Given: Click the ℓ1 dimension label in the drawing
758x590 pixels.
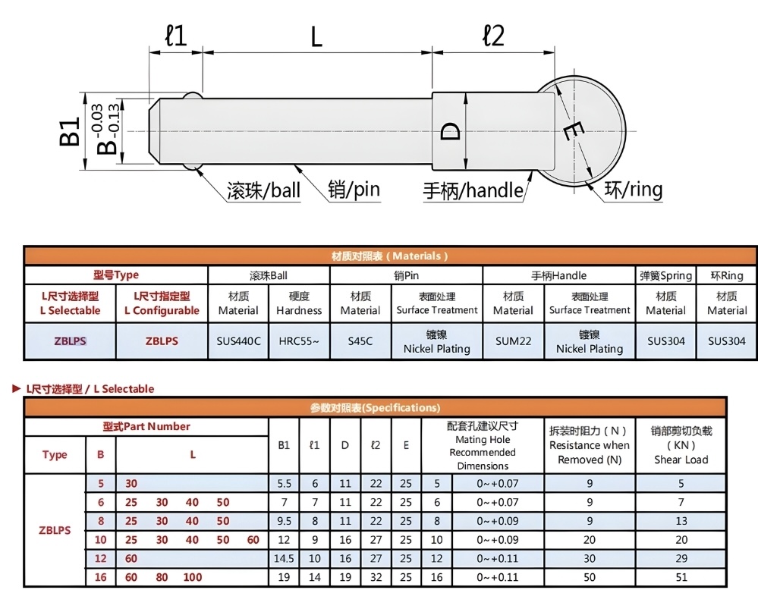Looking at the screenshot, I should [x=175, y=36].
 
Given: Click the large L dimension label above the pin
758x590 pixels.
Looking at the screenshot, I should [x=316, y=36].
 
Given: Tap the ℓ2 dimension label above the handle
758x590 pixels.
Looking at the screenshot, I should [x=493, y=35].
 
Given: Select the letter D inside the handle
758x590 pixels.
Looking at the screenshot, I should [x=451, y=131].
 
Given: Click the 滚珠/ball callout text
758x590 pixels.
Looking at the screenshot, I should [x=263, y=190].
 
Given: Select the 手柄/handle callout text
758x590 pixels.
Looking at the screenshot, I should [x=473, y=190].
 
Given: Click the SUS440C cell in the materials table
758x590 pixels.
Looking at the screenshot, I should [x=238, y=341].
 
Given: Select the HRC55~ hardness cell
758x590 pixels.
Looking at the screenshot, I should [x=299, y=341].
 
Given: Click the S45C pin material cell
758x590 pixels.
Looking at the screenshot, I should [x=360, y=341].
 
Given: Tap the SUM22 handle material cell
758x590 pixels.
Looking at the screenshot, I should [x=513, y=341].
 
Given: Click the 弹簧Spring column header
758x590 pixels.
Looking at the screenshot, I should [x=665, y=276].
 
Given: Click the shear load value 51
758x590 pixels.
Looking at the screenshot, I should [x=681, y=577].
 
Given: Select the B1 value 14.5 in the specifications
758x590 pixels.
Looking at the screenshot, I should [x=284, y=559].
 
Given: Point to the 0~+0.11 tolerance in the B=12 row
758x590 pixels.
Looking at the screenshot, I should [x=498, y=559].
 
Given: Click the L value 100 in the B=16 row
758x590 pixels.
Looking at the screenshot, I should [x=193, y=577].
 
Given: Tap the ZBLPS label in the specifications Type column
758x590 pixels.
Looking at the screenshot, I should [x=55, y=530].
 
